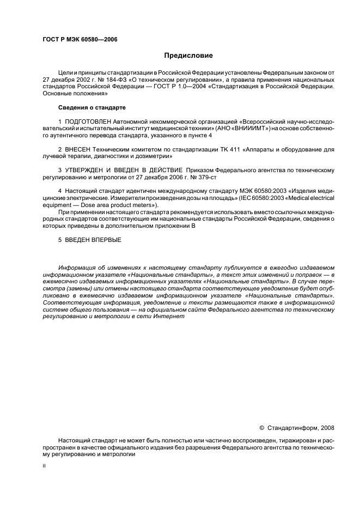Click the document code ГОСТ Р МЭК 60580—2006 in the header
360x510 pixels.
click(80, 40)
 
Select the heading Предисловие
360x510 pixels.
click(188, 56)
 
